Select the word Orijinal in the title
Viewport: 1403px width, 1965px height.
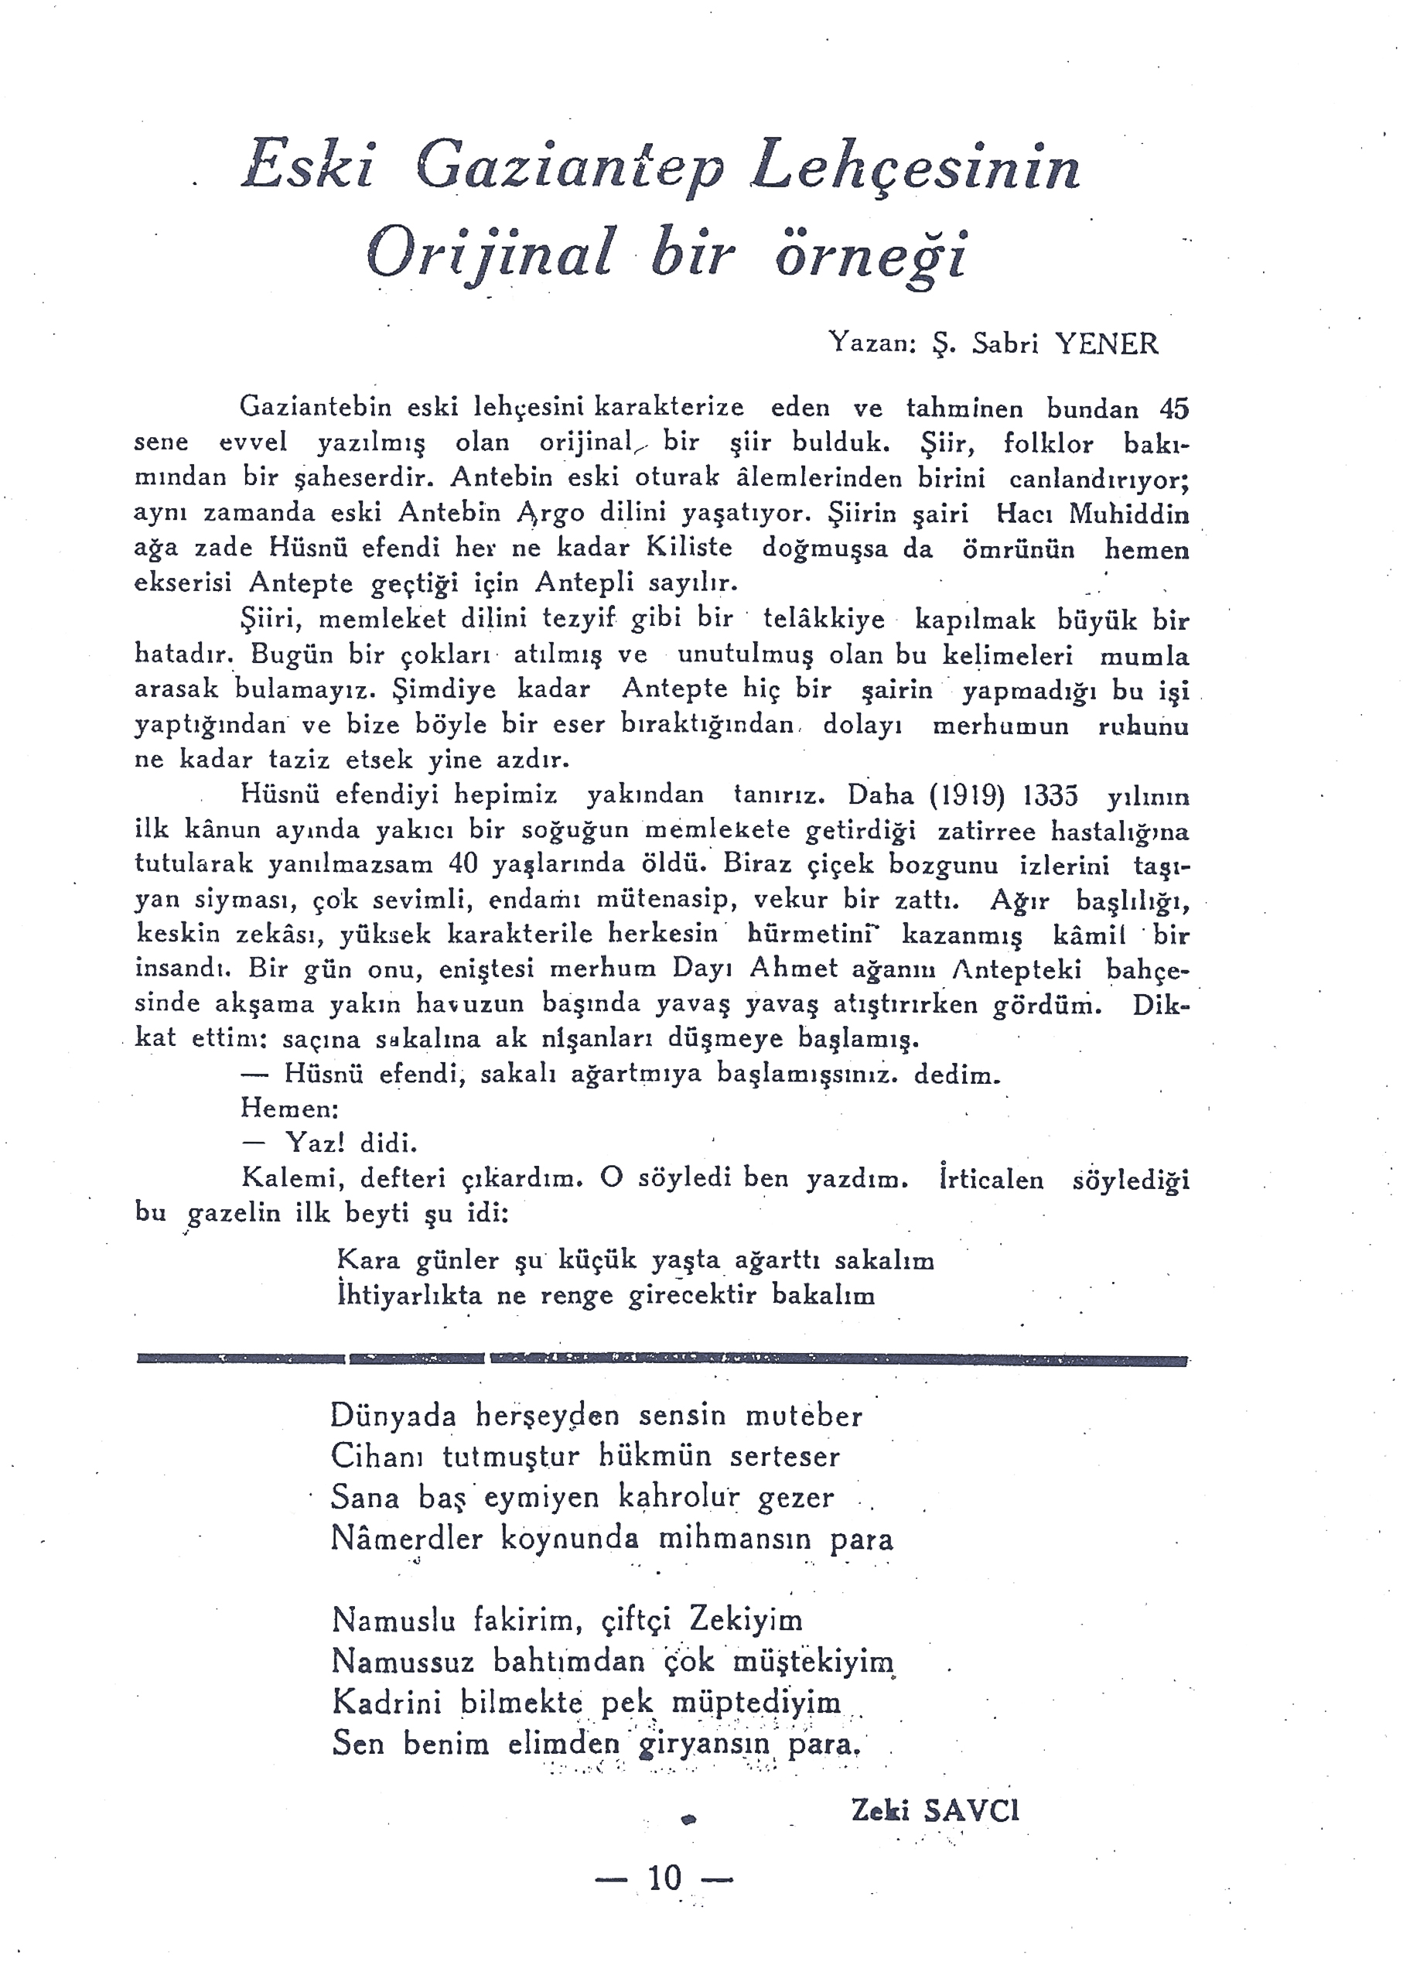tap(490, 254)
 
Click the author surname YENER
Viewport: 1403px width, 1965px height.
tap(1108, 344)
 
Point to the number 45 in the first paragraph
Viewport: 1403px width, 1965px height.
tap(1174, 408)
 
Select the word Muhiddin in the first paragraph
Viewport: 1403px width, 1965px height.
tap(1128, 514)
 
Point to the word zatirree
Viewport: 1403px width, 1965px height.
tap(988, 830)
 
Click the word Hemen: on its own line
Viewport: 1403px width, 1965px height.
tap(289, 1108)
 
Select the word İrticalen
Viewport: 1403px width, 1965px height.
tap(991, 1180)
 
